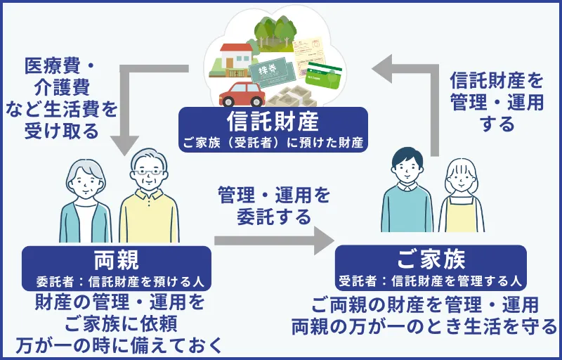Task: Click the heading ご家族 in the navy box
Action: [x=431, y=259]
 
